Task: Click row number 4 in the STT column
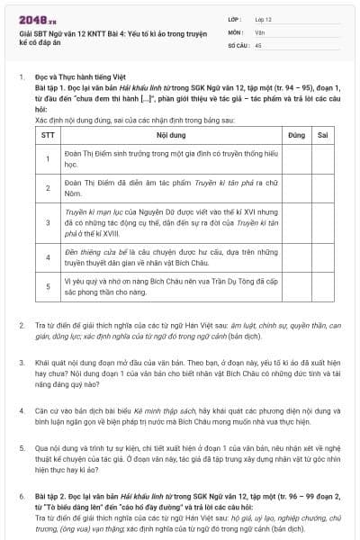pos(48,256)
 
